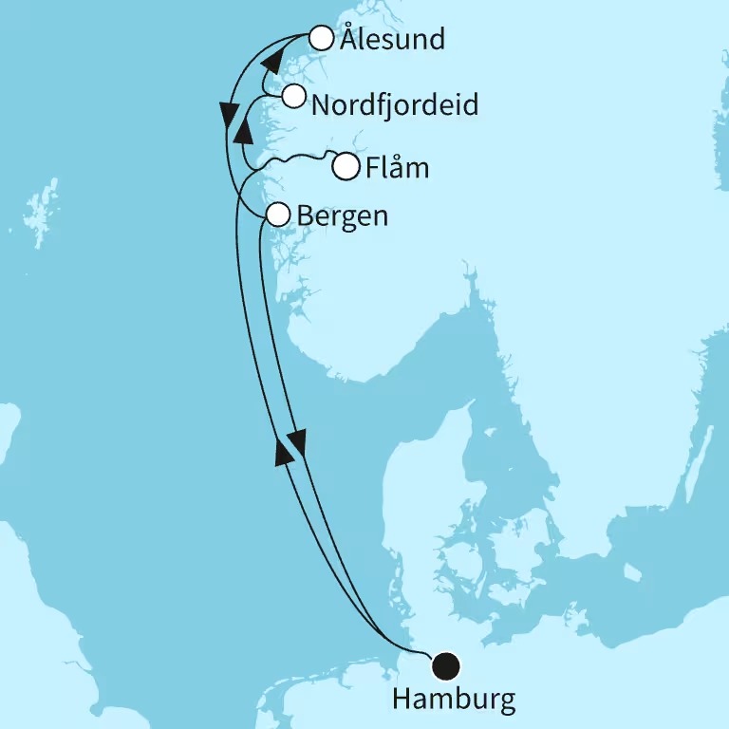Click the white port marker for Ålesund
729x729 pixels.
322,40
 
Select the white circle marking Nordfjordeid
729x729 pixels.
293,96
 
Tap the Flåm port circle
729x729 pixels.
346,167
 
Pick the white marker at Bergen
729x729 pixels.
277,215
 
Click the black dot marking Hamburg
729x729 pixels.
443,666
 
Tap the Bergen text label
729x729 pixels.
343,216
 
